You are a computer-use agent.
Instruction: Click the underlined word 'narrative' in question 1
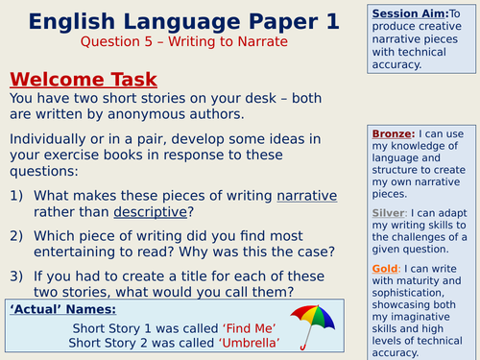(307, 195)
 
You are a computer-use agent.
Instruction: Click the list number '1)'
(17, 195)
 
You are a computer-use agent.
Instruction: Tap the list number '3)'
(17, 276)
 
